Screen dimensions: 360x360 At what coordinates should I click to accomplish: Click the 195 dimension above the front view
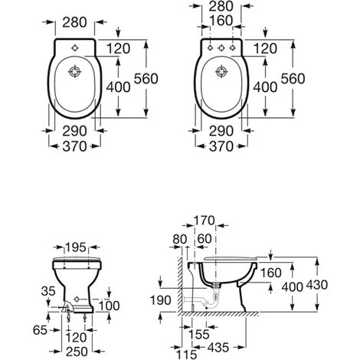click(76, 247)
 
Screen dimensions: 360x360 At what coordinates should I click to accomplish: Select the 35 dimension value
click(48, 291)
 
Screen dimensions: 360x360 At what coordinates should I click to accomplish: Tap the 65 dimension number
click(40, 330)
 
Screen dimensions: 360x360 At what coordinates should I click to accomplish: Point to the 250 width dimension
click(77, 352)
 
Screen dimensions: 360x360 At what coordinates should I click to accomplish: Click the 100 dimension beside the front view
click(109, 306)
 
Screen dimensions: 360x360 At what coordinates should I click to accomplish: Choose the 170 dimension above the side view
click(205, 221)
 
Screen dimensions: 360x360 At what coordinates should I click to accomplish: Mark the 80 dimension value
click(180, 239)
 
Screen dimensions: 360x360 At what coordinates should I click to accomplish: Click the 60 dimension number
click(205, 239)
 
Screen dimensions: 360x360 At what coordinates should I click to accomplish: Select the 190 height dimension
click(160, 300)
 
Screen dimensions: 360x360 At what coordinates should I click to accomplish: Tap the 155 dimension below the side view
click(199, 334)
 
